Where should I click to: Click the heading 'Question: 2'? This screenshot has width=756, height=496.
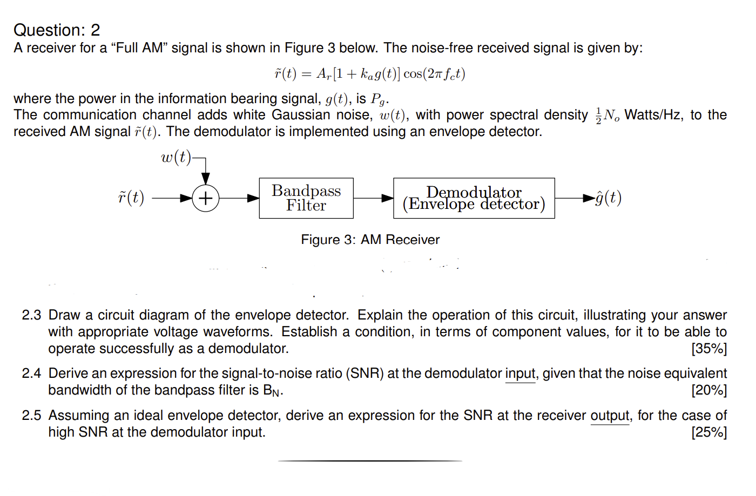(x=57, y=30)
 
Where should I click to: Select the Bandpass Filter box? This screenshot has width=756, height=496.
(x=306, y=198)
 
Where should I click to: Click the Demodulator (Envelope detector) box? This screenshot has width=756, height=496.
(x=474, y=198)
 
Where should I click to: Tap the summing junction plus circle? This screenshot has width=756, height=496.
(x=205, y=199)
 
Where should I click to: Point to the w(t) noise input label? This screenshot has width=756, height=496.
(x=175, y=157)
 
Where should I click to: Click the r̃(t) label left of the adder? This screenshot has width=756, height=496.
(x=131, y=198)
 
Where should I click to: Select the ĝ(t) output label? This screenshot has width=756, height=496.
(x=608, y=198)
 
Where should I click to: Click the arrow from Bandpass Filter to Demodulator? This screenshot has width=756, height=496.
(x=373, y=198)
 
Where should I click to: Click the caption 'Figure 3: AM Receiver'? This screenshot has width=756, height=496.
(x=370, y=240)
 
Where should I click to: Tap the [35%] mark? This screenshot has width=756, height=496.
(x=709, y=349)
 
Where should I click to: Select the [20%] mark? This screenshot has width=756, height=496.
(x=709, y=390)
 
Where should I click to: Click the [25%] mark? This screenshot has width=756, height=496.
(x=709, y=432)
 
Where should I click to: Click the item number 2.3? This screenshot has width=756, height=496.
(x=31, y=315)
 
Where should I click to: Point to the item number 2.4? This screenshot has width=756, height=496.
(x=31, y=373)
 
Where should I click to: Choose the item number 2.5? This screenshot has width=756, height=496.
(x=31, y=416)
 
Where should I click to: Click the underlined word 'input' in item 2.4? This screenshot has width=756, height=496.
(x=521, y=373)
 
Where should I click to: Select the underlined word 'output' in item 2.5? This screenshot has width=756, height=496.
(x=610, y=416)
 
